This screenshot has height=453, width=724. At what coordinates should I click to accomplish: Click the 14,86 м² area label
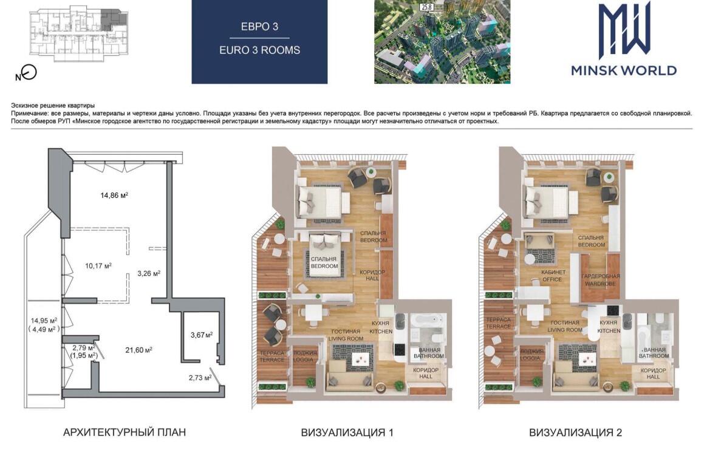tap(114, 196)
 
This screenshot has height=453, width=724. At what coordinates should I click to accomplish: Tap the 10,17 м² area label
tap(98, 266)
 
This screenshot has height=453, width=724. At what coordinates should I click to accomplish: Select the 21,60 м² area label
tap(139, 350)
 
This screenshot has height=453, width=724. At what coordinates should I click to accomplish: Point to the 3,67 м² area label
tap(201, 335)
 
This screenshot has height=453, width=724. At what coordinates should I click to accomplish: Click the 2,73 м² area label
tap(200, 378)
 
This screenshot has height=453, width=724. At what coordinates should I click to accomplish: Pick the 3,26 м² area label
tap(149, 273)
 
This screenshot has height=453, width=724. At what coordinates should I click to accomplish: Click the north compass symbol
tap(26, 73)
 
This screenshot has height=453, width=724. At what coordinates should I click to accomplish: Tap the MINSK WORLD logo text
tap(624, 70)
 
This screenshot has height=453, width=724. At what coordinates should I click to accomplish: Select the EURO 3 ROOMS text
tap(259, 50)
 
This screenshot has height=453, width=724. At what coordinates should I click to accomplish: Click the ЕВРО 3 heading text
tap(259, 26)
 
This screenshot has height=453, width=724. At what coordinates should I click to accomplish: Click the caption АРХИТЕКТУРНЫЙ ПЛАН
tap(124, 432)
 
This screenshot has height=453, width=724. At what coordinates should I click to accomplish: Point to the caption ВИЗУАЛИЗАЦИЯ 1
tap(347, 433)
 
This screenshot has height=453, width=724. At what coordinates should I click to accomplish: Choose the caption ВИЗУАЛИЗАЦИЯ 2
tap(575, 433)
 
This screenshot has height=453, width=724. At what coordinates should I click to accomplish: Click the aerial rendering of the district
tap(442, 42)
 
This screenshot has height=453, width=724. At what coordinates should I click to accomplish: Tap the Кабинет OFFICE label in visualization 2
tap(553, 276)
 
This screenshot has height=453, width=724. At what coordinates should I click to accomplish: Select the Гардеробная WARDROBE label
tap(600, 280)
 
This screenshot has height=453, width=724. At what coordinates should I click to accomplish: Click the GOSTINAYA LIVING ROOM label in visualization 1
tap(346, 335)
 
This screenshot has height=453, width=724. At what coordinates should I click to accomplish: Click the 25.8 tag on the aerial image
tap(425, 7)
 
